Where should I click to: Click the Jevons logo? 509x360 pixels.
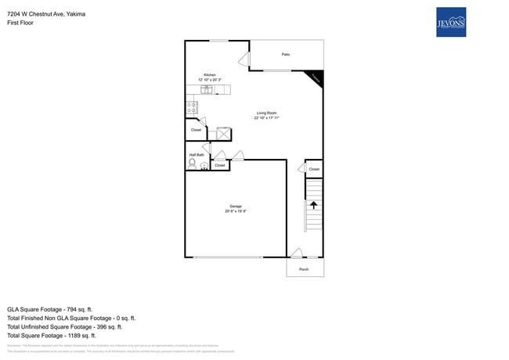450,22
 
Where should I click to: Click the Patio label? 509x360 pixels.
286,55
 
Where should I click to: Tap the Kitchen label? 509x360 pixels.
210,75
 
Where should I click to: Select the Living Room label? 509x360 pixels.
266,113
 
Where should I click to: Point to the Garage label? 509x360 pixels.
236,207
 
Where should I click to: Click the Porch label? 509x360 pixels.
304,269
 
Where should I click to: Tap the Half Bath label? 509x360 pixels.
196,155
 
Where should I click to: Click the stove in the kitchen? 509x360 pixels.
191,109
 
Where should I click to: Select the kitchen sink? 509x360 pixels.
209,89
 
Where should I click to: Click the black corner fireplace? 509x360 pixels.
316,77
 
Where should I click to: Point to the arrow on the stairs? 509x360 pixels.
313,206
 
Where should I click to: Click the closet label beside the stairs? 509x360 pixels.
314,169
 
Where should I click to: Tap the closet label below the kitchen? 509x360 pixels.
195,130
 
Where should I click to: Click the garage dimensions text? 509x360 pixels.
236,211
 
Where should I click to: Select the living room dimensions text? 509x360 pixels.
266,117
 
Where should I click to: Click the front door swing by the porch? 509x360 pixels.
296,253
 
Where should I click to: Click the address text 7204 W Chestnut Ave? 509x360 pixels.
46,14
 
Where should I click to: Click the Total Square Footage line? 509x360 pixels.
52,335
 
